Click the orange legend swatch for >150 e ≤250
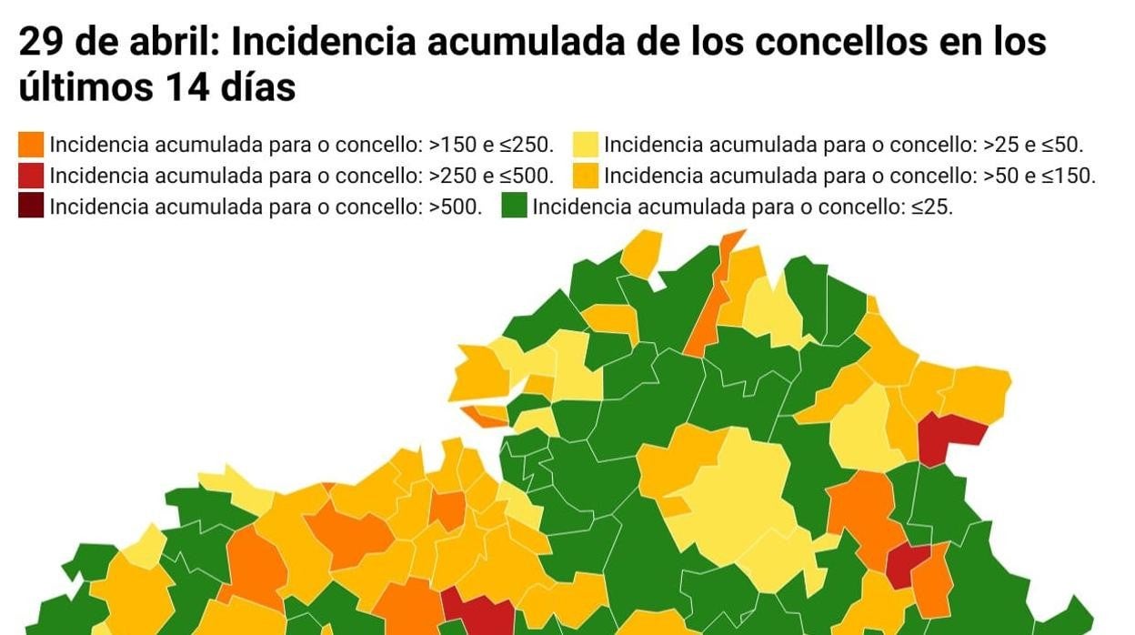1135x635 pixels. (x=31, y=145)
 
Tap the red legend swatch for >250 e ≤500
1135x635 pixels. (x=31, y=176)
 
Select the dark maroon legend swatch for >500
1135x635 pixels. (x=31, y=207)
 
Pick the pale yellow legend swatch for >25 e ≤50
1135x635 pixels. (x=586, y=145)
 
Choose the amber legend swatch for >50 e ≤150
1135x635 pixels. (x=586, y=176)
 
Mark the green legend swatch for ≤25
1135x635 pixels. (x=515, y=207)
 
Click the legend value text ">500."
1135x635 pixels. (x=456, y=207)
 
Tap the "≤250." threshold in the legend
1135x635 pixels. (x=527, y=145)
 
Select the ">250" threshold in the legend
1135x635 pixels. (x=452, y=176)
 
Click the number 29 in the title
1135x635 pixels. (x=40, y=42)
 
